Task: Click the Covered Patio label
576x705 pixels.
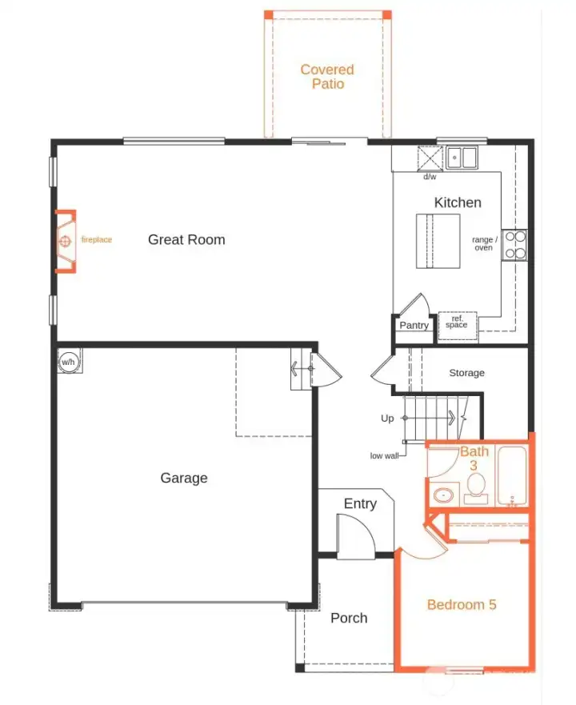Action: tap(327, 76)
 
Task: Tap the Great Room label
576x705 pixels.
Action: tap(186, 239)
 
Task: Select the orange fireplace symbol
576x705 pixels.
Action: tap(66, 241)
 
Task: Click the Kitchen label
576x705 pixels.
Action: tap(458, 202)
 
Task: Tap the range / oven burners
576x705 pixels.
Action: tap(514, 244)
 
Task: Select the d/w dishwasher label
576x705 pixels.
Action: tap(430, 177)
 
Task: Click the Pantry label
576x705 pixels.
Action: tap(414, 325)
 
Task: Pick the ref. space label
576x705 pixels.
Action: tap(456, 321)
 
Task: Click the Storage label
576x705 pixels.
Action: tap(466, 373)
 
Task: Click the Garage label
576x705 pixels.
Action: tap(184, 478)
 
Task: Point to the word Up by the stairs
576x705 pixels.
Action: tap(387, 419)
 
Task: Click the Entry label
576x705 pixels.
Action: tap(360, 503)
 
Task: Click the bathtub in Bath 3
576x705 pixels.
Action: tap(512, 477)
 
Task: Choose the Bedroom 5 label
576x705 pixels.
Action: tap(462, 604)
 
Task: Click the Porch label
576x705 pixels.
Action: tap(349, 618)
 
